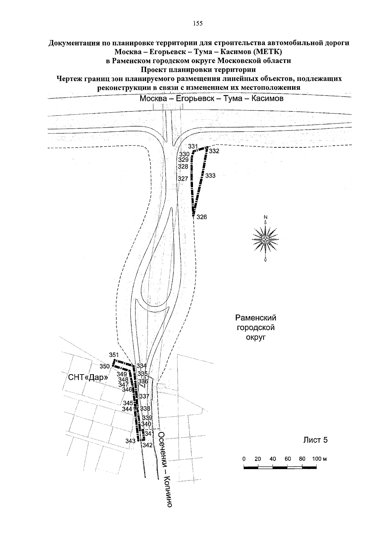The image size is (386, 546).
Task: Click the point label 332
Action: tap(214, 151)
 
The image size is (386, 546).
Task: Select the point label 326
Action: tap(202, 217)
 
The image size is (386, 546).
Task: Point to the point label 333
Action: tap(210, 176)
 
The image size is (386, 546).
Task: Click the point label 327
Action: tap(183, 179)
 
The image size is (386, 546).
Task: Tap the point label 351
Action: tap(114, 355)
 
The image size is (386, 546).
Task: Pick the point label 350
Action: tap(105, 366)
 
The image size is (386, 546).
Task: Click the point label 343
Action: tap(130, 441)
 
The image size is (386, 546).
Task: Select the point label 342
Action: tap(147, 445)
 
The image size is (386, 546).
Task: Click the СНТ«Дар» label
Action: tap(87, 377)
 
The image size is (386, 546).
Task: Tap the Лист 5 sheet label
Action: tap(316, 440)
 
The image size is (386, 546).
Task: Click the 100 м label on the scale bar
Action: tap(319, 459)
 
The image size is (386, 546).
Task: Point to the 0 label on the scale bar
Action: tap(244, 459)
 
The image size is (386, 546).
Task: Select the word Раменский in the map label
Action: tap(256, 318)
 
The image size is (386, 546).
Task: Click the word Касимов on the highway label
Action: tap(267, 98)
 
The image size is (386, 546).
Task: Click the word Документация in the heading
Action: tap(74, 43)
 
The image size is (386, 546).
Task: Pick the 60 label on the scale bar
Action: tap(288, 459)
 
